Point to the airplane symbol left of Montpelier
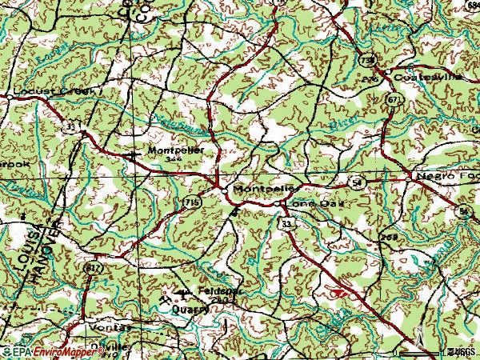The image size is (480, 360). [x=134, y=153]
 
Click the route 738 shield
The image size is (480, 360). [x=366, y=59]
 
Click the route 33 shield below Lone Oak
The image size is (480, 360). [x=286, y=225]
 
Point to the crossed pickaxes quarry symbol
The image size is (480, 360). [x=165, y=304]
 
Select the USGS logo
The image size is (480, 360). [x=462, y=352]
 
